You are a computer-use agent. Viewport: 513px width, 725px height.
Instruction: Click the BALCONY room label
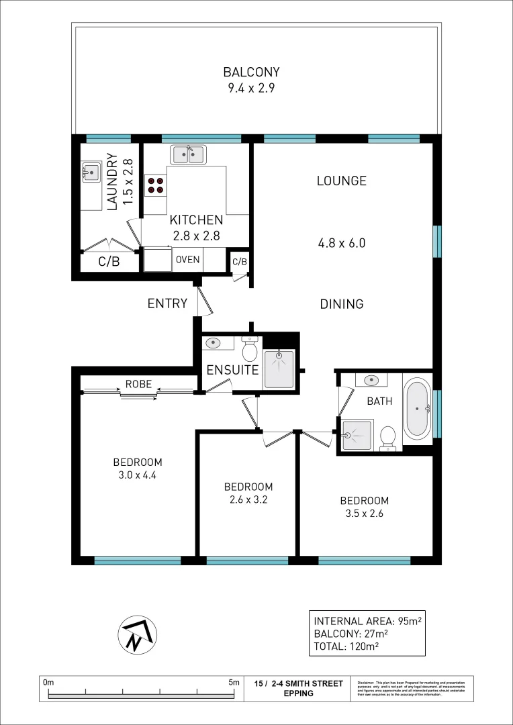tap(251, 72)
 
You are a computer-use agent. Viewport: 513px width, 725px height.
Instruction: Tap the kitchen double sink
tap(188, 156)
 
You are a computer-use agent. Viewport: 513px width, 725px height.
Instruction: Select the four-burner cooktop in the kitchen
tap(156, 185)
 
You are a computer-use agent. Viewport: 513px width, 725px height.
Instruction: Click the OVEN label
tap(187, 260)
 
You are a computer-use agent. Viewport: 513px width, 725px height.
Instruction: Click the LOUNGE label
tap(342, 181)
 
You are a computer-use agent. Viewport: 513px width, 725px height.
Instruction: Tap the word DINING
tap(341, 303)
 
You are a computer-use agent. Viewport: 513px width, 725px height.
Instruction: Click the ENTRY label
tap(167, 303)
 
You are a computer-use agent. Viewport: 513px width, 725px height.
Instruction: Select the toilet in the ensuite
tap(249, 350)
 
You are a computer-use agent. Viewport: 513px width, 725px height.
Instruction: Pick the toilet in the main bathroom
tap(387, 437)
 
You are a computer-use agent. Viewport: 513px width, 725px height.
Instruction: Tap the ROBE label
tap(138, 385)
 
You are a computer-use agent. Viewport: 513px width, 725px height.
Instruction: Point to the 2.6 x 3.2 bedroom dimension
tap(248, 499)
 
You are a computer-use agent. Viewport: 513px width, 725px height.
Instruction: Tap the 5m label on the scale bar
tap(234, 682)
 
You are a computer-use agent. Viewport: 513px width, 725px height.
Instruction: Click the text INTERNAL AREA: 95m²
tap(367, 621)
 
